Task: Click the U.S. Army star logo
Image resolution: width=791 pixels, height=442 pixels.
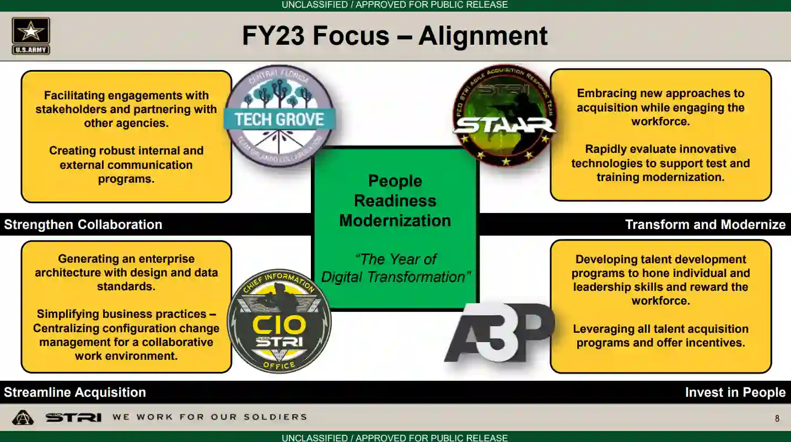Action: pyautogui.click(x=31, y=36)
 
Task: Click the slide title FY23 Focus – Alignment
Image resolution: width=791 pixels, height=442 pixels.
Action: pyautogui.click(x=395, y=36)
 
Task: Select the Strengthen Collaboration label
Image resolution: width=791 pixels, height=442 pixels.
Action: pyautogui.click(x=83, y=225)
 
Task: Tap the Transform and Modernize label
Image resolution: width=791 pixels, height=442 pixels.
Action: pyautogui.click(x=705, y=225)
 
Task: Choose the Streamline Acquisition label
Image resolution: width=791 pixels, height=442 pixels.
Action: pyautogui.click(x=75, y=392)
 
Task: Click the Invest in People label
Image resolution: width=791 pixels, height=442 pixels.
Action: pyautogui.click(x=735, y=392)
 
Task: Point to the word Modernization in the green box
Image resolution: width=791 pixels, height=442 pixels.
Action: pyautogui.click(x=395, y=221)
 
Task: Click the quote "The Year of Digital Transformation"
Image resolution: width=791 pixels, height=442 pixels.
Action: pyautogui.click(x=395, y=268)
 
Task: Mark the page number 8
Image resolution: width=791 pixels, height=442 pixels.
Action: pyautogui.click(x=777, y=419)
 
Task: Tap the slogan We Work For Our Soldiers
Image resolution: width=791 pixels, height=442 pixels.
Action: pyautogui.click(x=209, y=417)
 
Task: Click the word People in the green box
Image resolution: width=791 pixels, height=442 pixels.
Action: pyautogui.click(x=395, y=181)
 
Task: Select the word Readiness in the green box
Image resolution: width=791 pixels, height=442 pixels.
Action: pyautogui.click(x=395, y=201)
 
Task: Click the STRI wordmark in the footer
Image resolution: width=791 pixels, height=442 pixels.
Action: pyautogui.click(x=73, y=418)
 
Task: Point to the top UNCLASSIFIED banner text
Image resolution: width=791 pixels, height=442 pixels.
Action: pyautogui.click(x=395, y=5)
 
